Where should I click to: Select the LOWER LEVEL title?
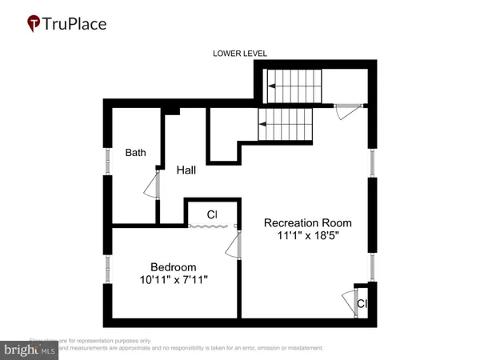(x=239, y=54)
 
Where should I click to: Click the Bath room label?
(x=134, y=152)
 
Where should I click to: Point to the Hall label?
(x=187, y=170)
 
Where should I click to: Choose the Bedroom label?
(x=174, y=267)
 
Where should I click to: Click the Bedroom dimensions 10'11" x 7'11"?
(x=174, y=281)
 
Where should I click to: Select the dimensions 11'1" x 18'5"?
(x=308, y=237)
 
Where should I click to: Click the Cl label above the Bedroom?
(x=212, y=214)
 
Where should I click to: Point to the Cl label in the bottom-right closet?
(x=362, y=304)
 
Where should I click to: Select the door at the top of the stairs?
(x=346, y=111)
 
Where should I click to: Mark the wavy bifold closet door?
(x=210, y=228)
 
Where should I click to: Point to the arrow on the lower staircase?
(x=262, y=124)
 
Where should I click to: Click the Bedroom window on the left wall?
(x=106, y=268)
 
